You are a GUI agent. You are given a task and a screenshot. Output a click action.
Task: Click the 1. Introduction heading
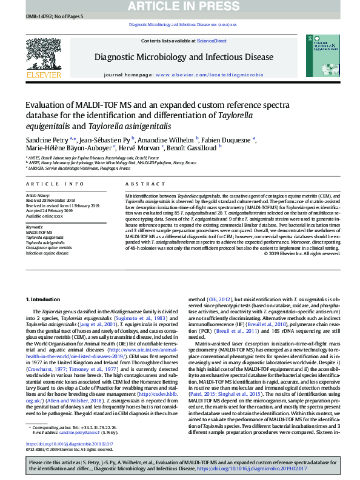coord(43,300)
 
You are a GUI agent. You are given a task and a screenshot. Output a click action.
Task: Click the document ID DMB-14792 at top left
coord(39,16)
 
